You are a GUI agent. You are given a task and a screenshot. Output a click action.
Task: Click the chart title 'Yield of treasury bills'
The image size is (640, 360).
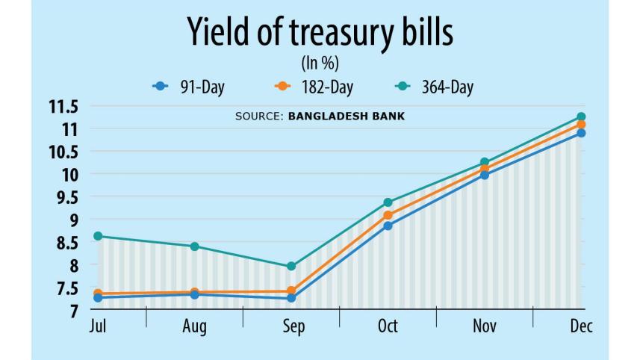[320, 34]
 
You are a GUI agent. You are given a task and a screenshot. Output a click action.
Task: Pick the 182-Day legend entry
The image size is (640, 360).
[313, 87]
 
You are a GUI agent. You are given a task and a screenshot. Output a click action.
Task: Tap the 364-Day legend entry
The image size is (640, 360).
[435, 87]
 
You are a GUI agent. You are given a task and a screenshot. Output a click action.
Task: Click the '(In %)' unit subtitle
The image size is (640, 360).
[320, 63]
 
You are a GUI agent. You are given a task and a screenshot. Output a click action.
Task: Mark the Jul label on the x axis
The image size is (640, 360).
[97, 327]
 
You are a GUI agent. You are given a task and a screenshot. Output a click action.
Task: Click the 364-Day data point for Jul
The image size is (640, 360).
[98, 236]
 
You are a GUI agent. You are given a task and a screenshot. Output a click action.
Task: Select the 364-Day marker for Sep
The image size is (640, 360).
[291, 266]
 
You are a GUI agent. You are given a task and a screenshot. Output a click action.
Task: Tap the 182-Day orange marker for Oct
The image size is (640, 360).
[388, 215]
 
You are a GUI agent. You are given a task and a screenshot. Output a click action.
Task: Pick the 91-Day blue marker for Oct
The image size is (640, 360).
[388, 226]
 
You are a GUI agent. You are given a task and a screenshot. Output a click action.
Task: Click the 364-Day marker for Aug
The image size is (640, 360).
[195, 246]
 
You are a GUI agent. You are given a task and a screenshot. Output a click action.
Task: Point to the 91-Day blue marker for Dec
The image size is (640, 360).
[581, 133]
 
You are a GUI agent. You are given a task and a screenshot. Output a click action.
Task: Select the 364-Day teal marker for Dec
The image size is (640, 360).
[581, 117]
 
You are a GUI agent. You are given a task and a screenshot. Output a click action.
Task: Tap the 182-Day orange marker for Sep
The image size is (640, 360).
[291, 291]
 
